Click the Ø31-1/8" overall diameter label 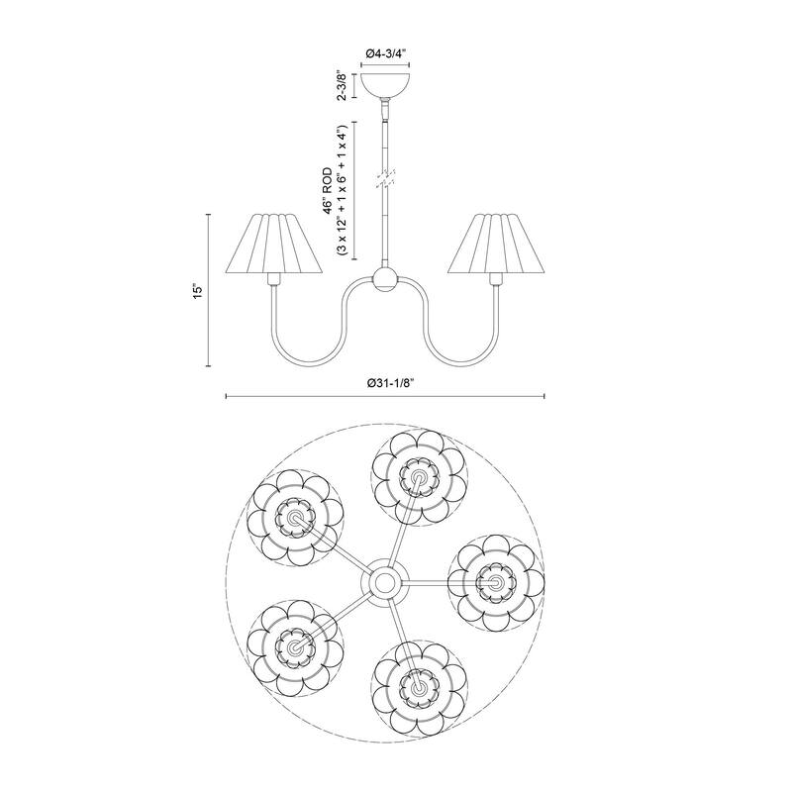385,384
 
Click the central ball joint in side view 384,279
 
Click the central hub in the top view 384,580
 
